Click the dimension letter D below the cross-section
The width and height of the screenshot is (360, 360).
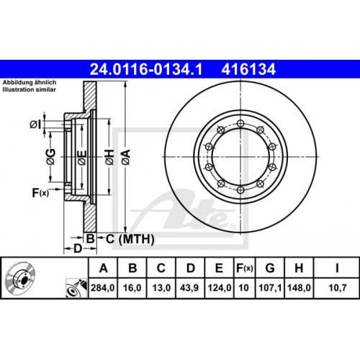pyautogui.click(x=77, y=249)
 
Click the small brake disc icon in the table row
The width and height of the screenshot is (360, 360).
pyautogui.click(x=22, y=280)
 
